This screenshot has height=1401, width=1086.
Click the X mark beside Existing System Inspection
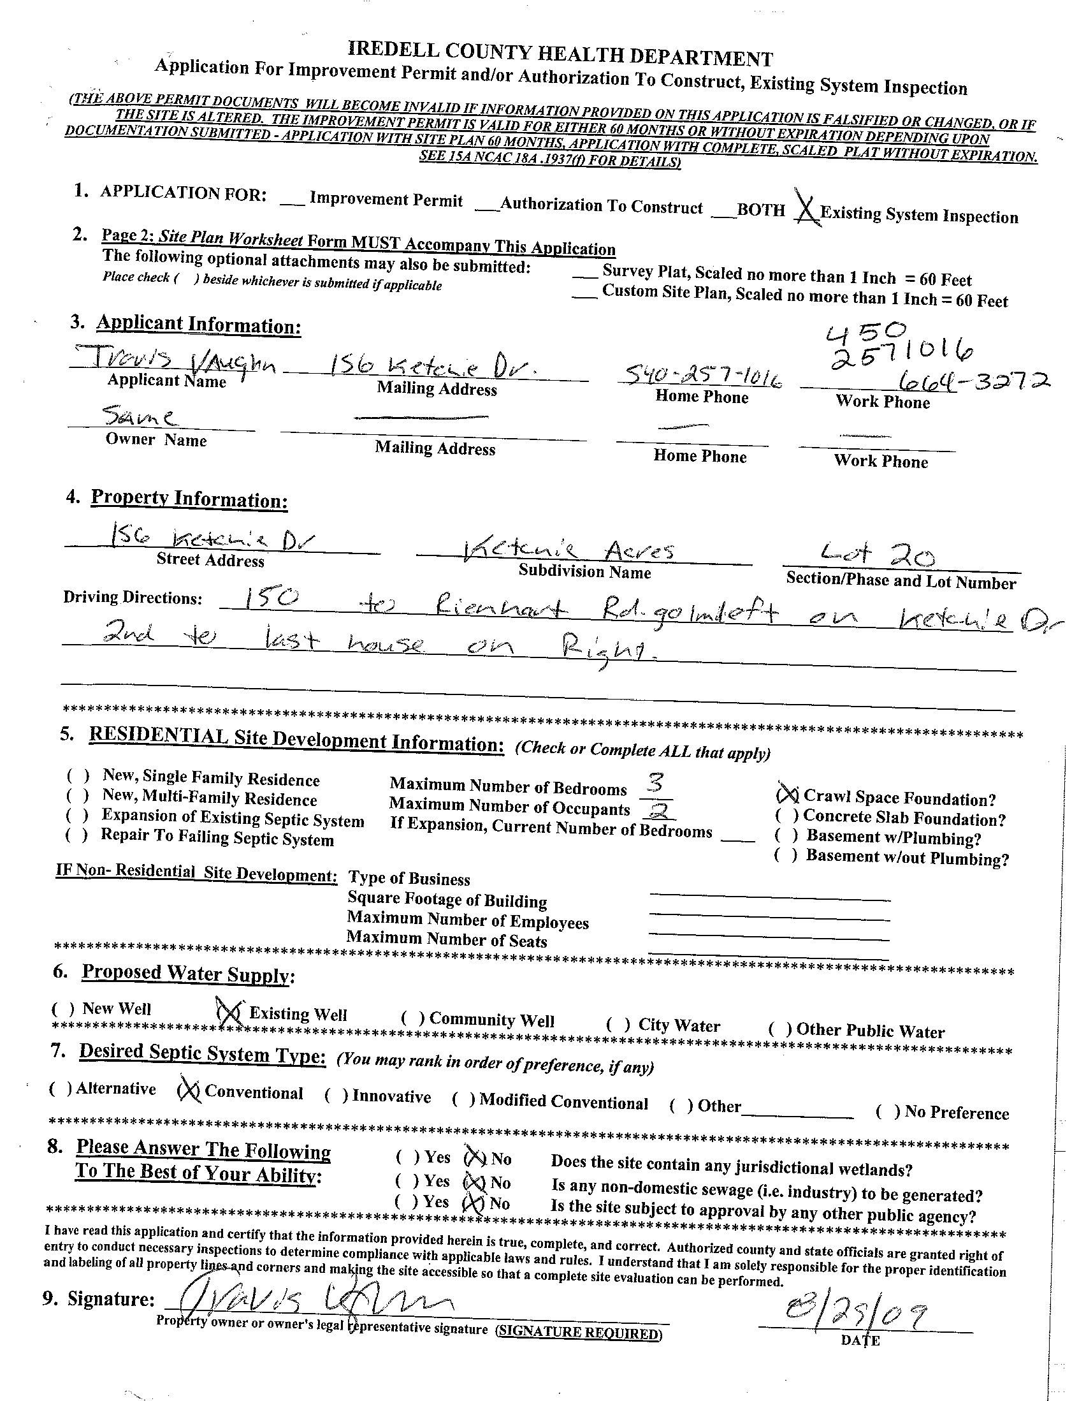click(806, 207)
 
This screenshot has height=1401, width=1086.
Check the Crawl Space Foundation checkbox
click(787, 795)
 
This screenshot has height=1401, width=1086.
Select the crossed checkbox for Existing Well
click(229, 1011)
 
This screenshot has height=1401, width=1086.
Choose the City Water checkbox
click(618, 1025)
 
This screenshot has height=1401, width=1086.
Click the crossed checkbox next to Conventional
click(189, 1090)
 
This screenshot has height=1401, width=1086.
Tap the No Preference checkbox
click(887, 1111)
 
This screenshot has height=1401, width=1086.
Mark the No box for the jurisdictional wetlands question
click(475, 1158)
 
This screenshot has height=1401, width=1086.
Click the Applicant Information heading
click(199, 325)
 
